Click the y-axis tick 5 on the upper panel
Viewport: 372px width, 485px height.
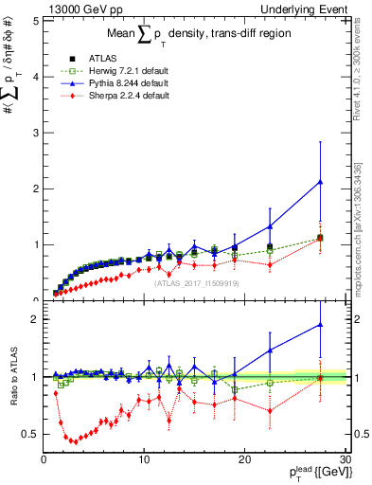34,20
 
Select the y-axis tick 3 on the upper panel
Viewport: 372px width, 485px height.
34,132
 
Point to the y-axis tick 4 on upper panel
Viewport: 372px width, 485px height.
34,76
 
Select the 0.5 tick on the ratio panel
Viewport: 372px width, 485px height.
30,434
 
